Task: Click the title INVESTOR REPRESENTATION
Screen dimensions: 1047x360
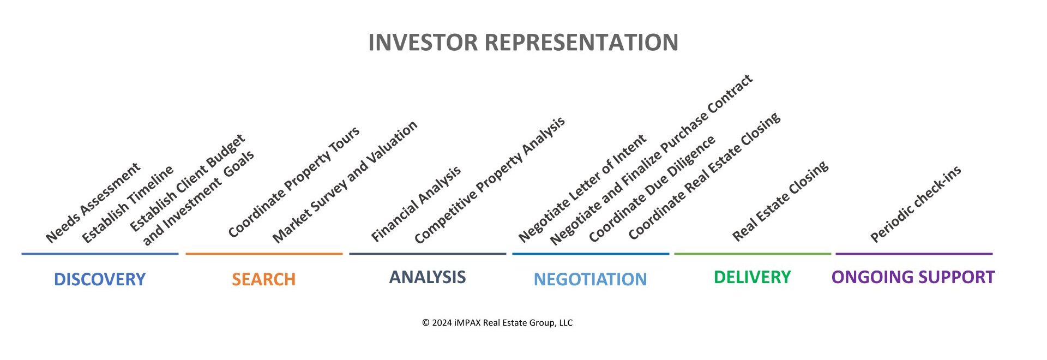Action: (x=523, y=43)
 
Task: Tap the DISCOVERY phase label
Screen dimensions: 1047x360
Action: (x=100, y=279)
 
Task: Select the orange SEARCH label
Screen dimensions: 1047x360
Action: (x=263, y=279)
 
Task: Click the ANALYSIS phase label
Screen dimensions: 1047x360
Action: (x=428, y=277)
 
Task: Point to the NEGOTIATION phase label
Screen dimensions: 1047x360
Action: (x=590, y=279)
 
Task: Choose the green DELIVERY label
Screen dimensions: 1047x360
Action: (x=752, y=277)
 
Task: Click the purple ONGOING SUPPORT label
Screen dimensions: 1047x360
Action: (x=913, y=277)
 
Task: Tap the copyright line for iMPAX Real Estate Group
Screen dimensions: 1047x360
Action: (x=497, y=323)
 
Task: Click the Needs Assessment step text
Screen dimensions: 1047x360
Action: (x=93, y=202)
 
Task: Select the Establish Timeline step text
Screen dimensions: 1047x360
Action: (x=128, y=204)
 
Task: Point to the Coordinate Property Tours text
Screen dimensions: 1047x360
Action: (x=294, y=182)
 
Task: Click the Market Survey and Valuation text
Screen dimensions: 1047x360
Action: (x=345, y=182)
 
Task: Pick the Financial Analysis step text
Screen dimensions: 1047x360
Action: (x=416, y=204)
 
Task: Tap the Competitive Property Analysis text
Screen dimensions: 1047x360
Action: (x=489, y=181)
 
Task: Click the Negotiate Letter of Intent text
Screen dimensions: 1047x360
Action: (x=582, y=188)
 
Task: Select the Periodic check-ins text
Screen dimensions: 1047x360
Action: (x=916, y=204)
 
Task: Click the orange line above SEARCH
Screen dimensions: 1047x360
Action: (x=264, y=254)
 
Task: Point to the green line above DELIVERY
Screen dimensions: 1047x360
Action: (x=753, y=254)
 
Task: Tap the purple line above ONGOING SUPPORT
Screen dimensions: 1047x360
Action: (x=914, y=254)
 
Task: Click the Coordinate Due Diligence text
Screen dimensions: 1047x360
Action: (x=652, y=189)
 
